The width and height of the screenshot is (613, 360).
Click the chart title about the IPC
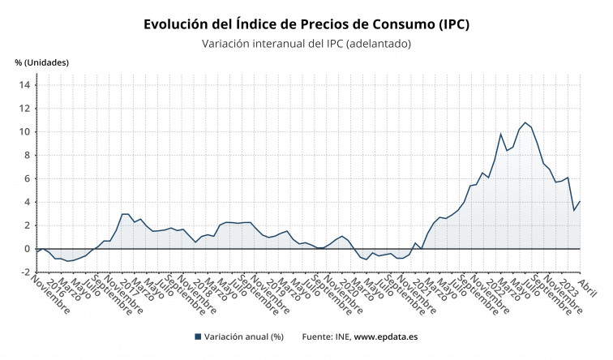point(306,24)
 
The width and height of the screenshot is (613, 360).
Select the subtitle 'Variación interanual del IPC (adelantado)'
point(306,44)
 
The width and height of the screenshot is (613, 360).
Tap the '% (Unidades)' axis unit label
point(41,62)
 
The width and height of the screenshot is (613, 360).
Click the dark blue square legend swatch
point(198,336)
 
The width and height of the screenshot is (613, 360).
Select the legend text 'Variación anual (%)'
point(243,336)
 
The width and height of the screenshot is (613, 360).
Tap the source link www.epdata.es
point(386,336)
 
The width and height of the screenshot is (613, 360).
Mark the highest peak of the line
point(525,122)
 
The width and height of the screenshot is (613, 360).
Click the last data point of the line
point(580,201)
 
